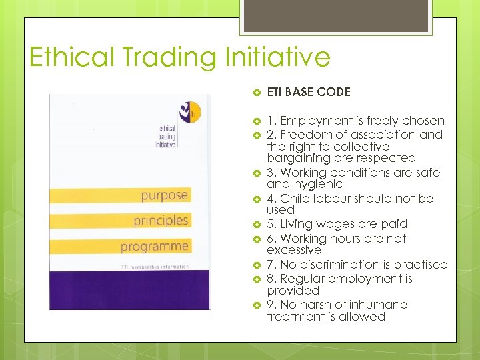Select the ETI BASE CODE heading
309,93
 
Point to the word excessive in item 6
294,250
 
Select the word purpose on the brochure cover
164,195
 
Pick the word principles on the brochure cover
161,221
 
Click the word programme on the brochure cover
155,247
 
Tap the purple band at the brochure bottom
129,291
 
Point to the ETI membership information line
155,266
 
